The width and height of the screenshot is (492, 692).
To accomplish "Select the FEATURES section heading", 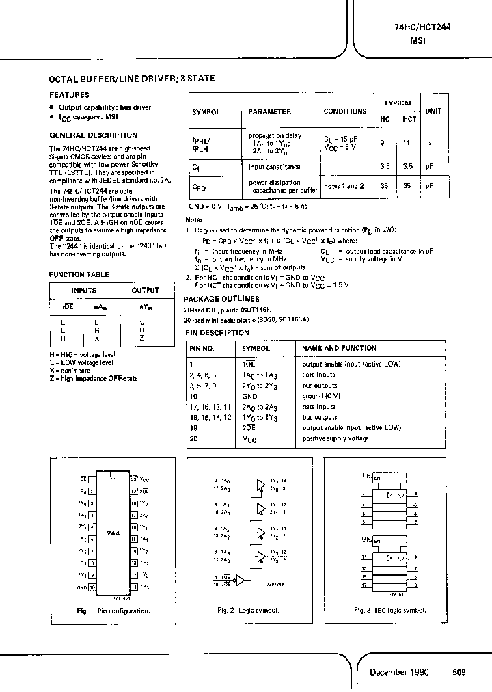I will [69, 95].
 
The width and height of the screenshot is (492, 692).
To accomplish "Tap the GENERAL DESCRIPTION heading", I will [93, 135].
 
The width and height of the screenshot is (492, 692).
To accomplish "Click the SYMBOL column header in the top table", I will [206, 111].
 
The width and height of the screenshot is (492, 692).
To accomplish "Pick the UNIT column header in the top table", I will [433, 111].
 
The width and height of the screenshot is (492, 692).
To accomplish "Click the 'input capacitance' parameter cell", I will [274, 166].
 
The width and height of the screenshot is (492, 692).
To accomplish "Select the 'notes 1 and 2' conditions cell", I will [344, 186].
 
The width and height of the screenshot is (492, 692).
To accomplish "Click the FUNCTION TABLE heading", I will [78, 274].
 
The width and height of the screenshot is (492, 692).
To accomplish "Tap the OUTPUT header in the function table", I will [145, 290].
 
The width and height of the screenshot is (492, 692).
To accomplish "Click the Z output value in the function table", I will [141, 338].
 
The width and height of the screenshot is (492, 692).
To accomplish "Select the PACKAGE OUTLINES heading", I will [221, 299].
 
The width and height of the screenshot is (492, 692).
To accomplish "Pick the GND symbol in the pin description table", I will [249, 396].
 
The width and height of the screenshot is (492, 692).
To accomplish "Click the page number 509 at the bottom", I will [459, 672].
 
